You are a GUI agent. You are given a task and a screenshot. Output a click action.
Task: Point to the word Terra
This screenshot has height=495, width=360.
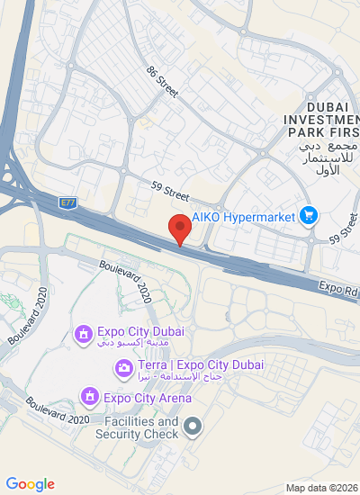(153, 365)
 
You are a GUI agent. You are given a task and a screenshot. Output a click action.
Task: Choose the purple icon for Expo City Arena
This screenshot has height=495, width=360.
(89, 395)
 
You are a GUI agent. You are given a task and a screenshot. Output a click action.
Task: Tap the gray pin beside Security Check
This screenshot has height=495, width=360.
(192, 425)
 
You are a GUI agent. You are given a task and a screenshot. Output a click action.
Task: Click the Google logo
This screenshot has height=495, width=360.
(30, 484)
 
